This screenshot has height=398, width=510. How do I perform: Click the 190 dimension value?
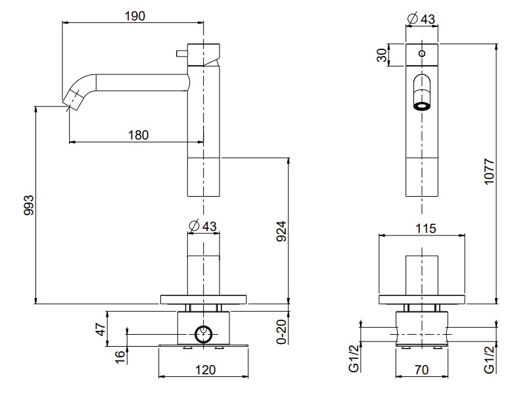pos(135,14)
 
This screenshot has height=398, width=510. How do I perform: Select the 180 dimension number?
pos(138,135)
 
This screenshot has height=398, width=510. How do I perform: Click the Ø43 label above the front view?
pos(421,19)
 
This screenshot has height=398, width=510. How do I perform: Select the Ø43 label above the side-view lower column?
pos(202,226)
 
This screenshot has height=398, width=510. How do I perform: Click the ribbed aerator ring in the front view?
pos(421,105)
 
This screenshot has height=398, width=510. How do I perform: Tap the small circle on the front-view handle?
pos(422,53)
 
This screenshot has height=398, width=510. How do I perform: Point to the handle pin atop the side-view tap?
pos(178,51)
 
